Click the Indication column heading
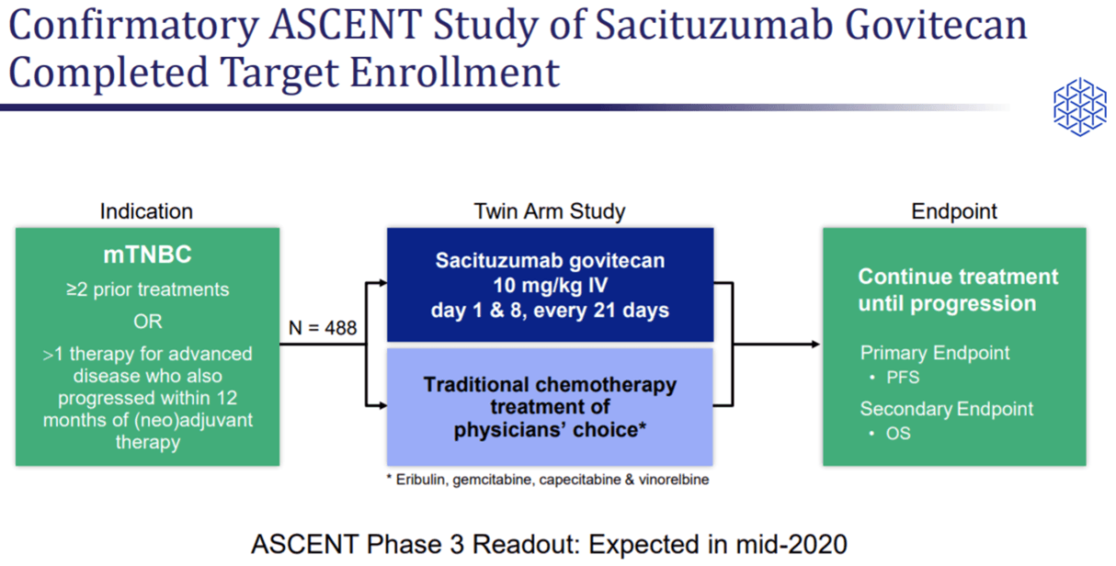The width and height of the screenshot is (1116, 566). pyautogui.click(x=146, y=211)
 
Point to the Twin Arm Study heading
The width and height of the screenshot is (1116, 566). pyautogui.click(x=549, y=211)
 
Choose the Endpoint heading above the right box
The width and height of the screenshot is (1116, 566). pyautogui.click(x=953, y=211)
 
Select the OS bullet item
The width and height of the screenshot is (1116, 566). pyautogui.click(x=897, y=432)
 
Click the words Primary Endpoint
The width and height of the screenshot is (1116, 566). pyautogui.click(x=934, y=353)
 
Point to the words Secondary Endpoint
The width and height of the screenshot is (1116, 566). pyautogui.click(x=946, y=409)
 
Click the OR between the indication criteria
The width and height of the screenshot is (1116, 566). pyautogui.click(x=147, y=322)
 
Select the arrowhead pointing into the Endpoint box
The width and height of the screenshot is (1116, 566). pyautogui.click(x=815, y=345)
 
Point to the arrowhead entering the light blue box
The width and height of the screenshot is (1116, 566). pyautogui.click(x=381, y=405)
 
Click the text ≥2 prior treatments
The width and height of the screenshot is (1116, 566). pyautogui.click(x=147, y=290)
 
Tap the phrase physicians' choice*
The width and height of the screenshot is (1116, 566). pyautogui.click(x=549, y=429)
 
